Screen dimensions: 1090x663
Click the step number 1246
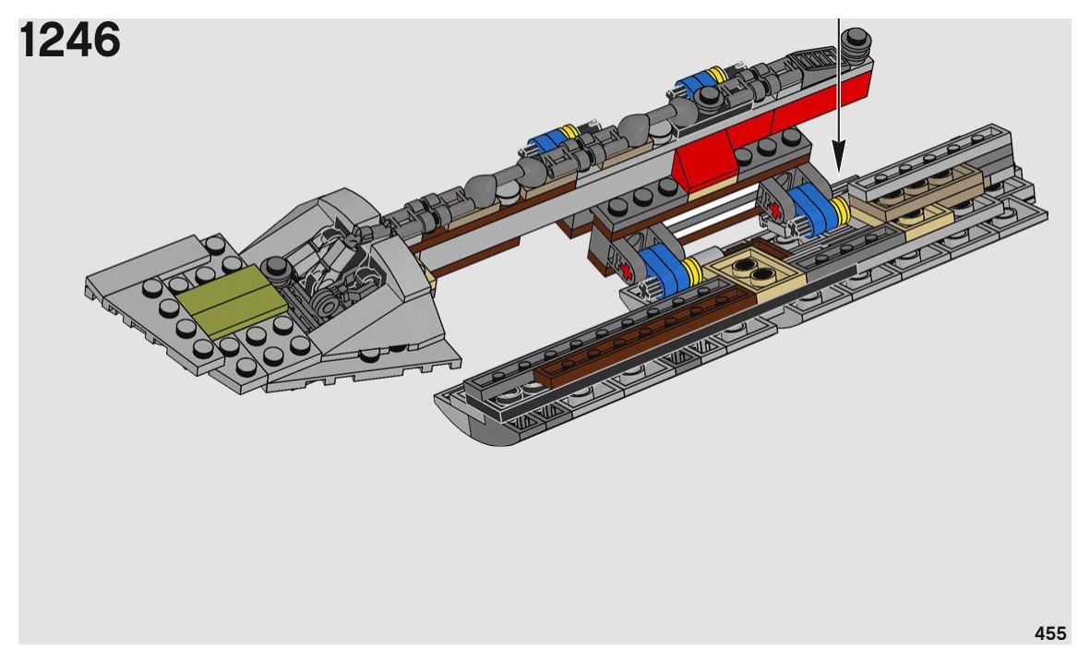70,40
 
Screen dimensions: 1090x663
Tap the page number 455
1049,633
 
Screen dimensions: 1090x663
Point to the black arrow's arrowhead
839,157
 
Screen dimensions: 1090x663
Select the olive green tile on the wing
232,300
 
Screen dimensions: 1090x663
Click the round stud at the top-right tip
856,41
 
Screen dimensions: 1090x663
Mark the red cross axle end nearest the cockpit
625,271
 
